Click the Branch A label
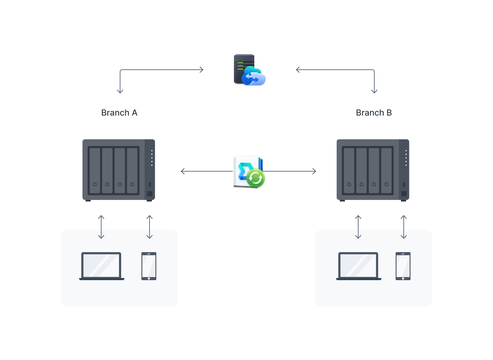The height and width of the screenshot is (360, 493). [119, 113]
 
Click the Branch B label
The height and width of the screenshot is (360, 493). [374, 113]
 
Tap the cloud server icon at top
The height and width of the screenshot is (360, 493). [249, 70]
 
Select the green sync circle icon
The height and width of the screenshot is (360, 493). [256, 178]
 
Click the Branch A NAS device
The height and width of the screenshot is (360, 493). [119, 170]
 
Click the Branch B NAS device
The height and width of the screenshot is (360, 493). [373, 170]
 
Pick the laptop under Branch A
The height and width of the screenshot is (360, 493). [102, 266]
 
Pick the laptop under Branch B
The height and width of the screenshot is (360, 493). [359, 266]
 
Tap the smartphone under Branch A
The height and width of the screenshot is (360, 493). [149, 266]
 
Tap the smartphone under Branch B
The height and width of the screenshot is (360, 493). [403, 266]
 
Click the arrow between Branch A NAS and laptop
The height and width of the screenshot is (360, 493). [101, 227]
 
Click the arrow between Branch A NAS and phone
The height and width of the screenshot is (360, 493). [150, 227]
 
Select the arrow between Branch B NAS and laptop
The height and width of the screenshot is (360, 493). [358, 227]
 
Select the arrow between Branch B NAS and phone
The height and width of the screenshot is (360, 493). [404, 227]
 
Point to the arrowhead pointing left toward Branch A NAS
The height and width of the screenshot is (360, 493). [182, 171]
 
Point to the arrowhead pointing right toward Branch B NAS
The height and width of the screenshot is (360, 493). [314, 171]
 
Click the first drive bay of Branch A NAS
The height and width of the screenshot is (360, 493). [95, 171]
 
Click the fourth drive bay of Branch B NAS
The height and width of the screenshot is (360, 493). [386, 171]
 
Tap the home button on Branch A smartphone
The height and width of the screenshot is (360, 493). [149, 278]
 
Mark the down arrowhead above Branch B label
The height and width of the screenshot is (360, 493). [374, 91]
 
